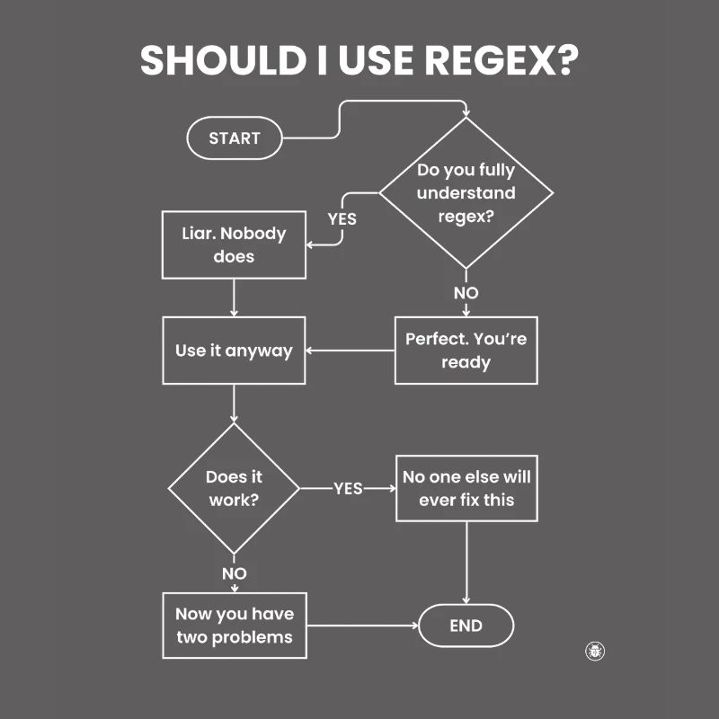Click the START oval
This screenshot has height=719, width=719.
235,138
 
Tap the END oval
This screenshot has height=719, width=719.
466,626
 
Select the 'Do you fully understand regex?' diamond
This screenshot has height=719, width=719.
466,193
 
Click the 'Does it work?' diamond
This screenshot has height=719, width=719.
234,488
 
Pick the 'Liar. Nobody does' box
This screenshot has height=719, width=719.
234,244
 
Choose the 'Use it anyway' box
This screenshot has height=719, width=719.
234,351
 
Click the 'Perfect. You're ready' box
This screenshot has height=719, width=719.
466,351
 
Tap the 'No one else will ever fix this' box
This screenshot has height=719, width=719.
466,488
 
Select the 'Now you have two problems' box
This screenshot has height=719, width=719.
234,626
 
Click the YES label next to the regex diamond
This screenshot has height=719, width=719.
342,218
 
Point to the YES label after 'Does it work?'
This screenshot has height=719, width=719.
348,488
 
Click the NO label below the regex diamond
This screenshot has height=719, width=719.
466,293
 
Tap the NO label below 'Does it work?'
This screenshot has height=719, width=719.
234,573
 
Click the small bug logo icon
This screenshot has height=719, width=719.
595,651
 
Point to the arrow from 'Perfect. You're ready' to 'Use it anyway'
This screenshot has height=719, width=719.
351,351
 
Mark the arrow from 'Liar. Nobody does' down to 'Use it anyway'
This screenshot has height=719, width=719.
234,297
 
